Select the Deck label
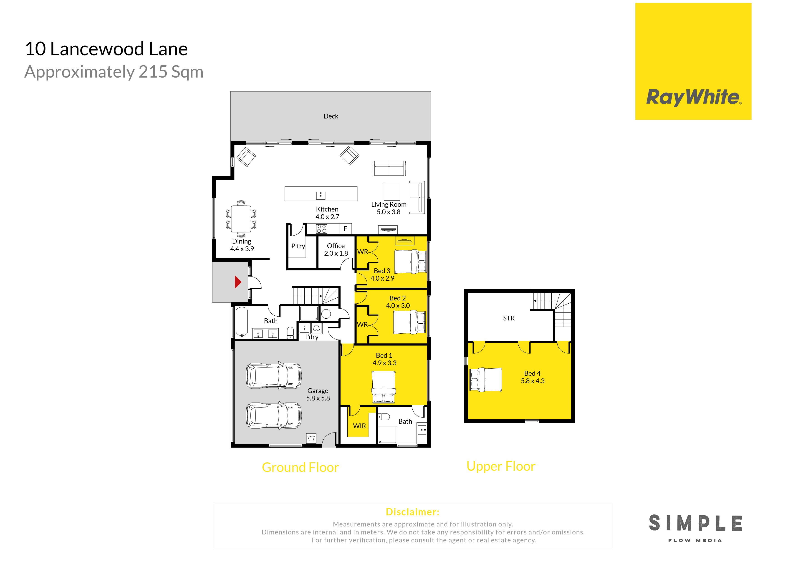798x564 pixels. (331, 116)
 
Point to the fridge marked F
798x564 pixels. (345, 229)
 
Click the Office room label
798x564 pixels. (336, 246)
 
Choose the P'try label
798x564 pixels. (298, 246)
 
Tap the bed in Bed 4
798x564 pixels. (485, 380)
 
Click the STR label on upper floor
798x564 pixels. (509, 318)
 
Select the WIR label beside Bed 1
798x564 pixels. (359, 426)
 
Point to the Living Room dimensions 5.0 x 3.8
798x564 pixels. (389, 212)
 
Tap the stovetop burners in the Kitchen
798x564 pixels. (321, 229)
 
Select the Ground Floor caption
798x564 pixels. (300, 467)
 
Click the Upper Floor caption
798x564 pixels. (501, 466)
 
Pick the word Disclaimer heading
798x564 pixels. (413, 512)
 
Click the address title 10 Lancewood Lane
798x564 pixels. (106, 49)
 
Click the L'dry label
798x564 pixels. (312, 337)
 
